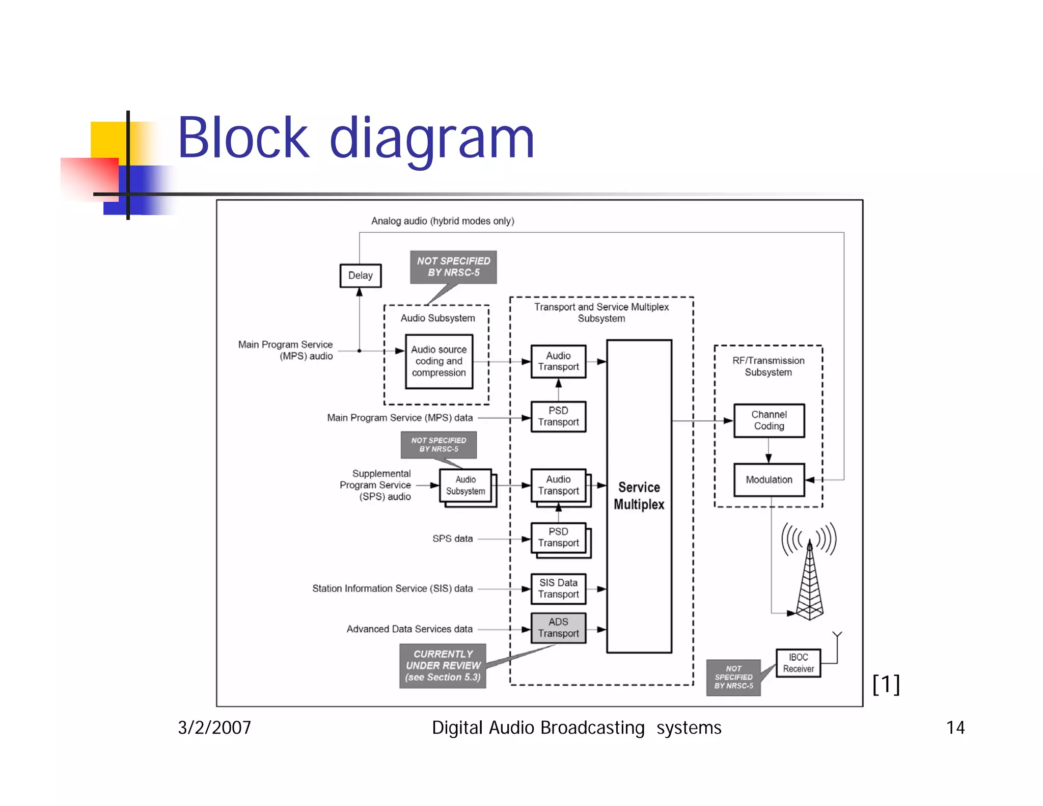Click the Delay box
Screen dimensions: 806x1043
click(360, 276)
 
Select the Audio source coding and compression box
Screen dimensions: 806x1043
click(438, 361)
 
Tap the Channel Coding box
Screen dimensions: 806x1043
click(768, 420)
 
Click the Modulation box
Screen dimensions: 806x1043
click(768, 479)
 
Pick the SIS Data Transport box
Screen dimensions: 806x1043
click(558, 588)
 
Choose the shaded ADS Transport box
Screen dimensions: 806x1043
click(558, 628)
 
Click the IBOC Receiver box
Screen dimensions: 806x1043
click(798, 663)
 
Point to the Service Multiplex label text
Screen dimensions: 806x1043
click(639, 496)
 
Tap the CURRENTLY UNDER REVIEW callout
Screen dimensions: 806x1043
click(443, 665)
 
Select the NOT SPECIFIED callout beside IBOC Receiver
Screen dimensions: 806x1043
click(733, 677)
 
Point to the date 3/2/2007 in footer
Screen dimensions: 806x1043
click(214, 728)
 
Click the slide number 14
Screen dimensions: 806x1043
click(955, 728)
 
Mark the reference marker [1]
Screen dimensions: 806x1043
click(886, 684)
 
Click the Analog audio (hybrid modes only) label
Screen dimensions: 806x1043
click(442, 221)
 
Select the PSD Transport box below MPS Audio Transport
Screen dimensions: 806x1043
click(558, 416)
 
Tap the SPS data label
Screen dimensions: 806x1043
click(452, 539)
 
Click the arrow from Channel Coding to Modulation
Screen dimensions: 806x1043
click(768, 451)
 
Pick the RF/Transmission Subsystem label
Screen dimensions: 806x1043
click(768, 366)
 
